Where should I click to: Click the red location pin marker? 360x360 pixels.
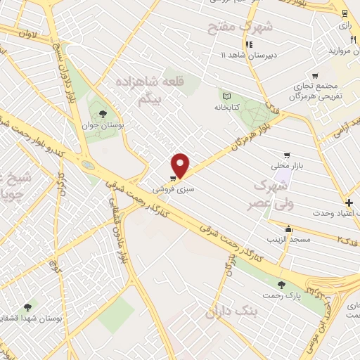(181, 165)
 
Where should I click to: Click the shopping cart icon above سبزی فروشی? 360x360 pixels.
(173, 177)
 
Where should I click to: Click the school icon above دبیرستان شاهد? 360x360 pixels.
(248, 44)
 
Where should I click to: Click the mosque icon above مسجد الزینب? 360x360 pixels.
(288, 229)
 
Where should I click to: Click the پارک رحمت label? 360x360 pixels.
(281, 297)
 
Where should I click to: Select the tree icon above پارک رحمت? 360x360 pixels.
(282, 285)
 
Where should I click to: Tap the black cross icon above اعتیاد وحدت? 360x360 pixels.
(349, 202)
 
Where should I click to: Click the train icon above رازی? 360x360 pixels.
(344, 13)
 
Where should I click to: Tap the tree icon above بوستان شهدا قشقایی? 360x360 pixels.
(27, 307)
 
